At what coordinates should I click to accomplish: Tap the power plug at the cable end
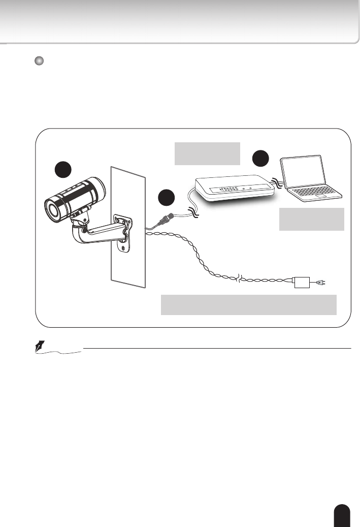319,282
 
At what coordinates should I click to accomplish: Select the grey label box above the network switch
207,153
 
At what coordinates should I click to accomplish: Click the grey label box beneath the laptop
311,219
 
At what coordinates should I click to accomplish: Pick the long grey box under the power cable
248,304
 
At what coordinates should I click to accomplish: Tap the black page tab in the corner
343,515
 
